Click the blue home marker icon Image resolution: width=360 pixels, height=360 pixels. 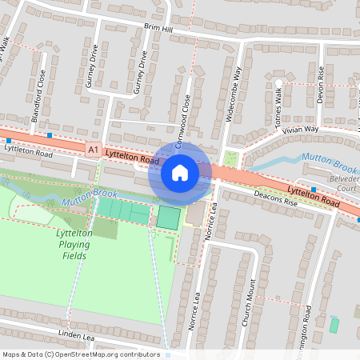[x=179, y=172]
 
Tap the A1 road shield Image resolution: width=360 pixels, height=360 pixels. [x=94, y=149]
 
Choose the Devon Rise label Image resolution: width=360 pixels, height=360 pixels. [x=320, y=84]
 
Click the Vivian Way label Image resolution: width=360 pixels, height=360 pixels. [x=300, y=129]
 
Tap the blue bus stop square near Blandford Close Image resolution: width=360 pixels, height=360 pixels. [x=50, y=135]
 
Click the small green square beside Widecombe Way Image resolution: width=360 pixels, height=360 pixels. [x=231, y=158]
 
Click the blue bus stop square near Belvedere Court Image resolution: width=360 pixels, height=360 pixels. [x=314, y=190]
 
